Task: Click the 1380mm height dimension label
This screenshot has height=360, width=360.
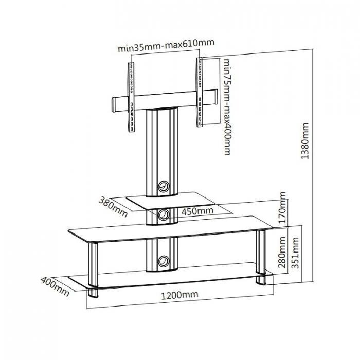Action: (305, 142)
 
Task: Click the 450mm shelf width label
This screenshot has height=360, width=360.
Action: (197, 211)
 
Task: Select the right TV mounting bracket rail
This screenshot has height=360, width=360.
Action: (200, 92)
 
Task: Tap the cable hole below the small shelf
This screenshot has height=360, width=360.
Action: (164, 214)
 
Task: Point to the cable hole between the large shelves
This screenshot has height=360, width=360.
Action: (164, 261)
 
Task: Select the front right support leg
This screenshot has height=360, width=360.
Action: (261, 254)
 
